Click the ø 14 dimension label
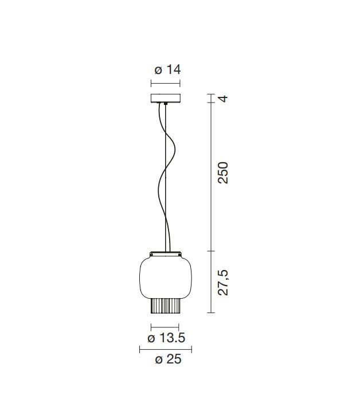(167, 69)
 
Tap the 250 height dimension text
(223, 173)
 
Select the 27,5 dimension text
(223, 283)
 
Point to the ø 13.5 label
(166, 338)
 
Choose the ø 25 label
(168, 359)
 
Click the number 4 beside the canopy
(223, 98)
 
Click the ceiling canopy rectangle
(165, 98)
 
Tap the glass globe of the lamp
(166, 277)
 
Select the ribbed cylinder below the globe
(166, 306)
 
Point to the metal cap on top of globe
(166, 254)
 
